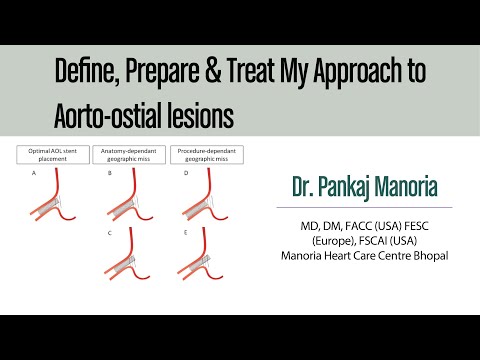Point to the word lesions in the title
[x=205, y=115]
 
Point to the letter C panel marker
[x=109, y=232]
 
